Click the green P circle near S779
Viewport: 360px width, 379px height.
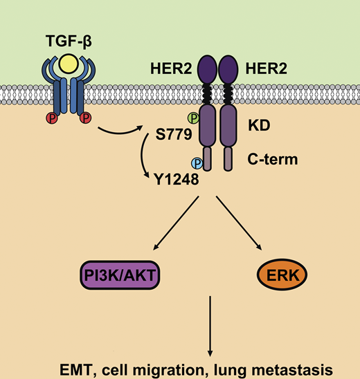(x=193, y=119)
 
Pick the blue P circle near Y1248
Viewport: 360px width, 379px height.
(x=197, y=163)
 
